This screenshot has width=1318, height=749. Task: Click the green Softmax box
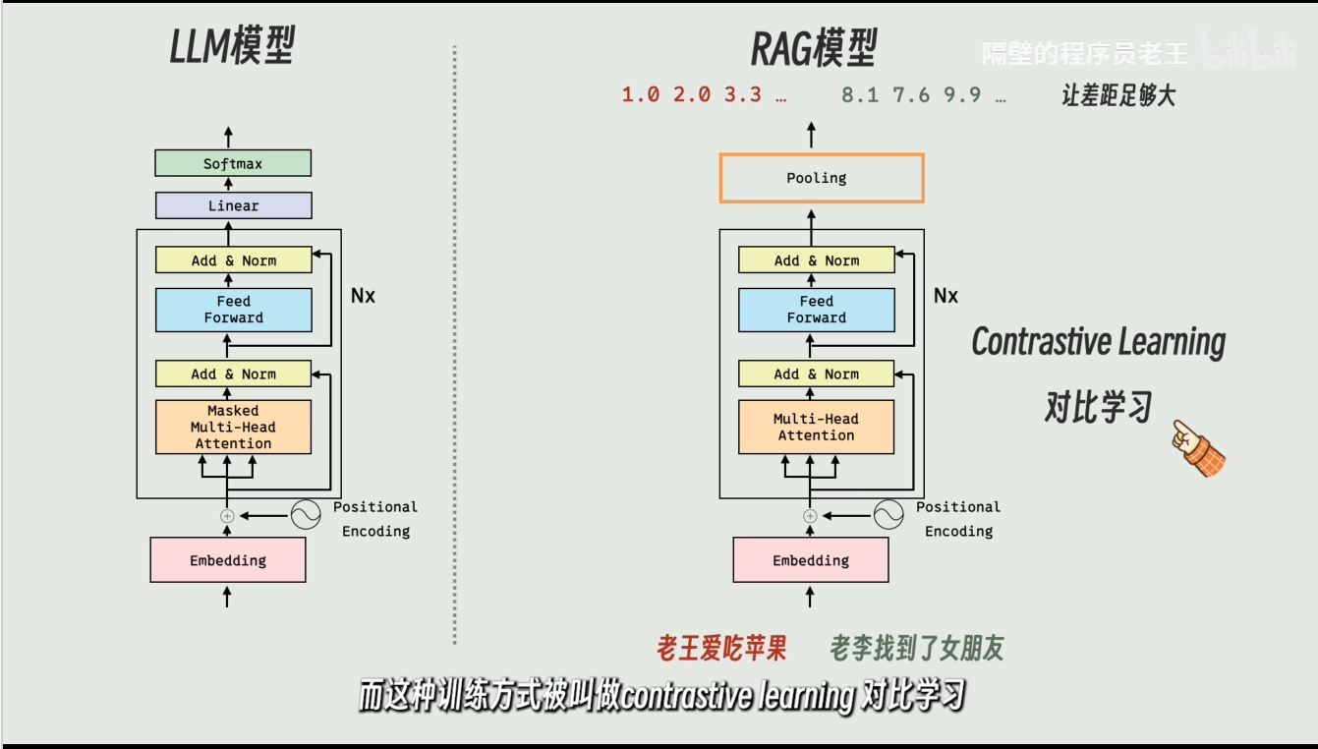tap(233, 163)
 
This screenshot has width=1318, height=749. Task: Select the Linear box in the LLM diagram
tap(233, 205)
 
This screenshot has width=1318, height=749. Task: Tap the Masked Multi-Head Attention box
tap(233, 427)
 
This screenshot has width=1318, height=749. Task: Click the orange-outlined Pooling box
tap(821, 178)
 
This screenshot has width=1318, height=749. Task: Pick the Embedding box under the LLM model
tap(228, 560)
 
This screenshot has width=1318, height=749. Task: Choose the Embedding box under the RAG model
tap(811, 560)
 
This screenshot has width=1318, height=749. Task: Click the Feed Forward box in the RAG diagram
tap(816, 310)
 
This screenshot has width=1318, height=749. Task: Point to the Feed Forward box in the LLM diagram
tap(233, 310)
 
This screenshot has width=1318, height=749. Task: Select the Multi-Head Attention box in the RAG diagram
tap(816, 427)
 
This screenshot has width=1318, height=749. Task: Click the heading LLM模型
tap(233, 47)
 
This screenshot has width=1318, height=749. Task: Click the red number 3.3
tap(743, 95)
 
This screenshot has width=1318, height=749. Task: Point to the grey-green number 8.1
tap(861, 95)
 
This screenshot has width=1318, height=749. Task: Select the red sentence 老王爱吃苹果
tap(721, 648)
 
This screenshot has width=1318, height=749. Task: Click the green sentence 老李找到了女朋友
tap(917, 648)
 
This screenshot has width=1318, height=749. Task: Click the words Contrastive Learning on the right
tap(1098, 342)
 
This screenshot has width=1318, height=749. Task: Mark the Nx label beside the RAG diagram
tap(946, 296)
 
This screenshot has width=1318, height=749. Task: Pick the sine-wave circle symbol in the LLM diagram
tap(306, 514)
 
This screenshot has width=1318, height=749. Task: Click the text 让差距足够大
tap(1118, 95)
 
